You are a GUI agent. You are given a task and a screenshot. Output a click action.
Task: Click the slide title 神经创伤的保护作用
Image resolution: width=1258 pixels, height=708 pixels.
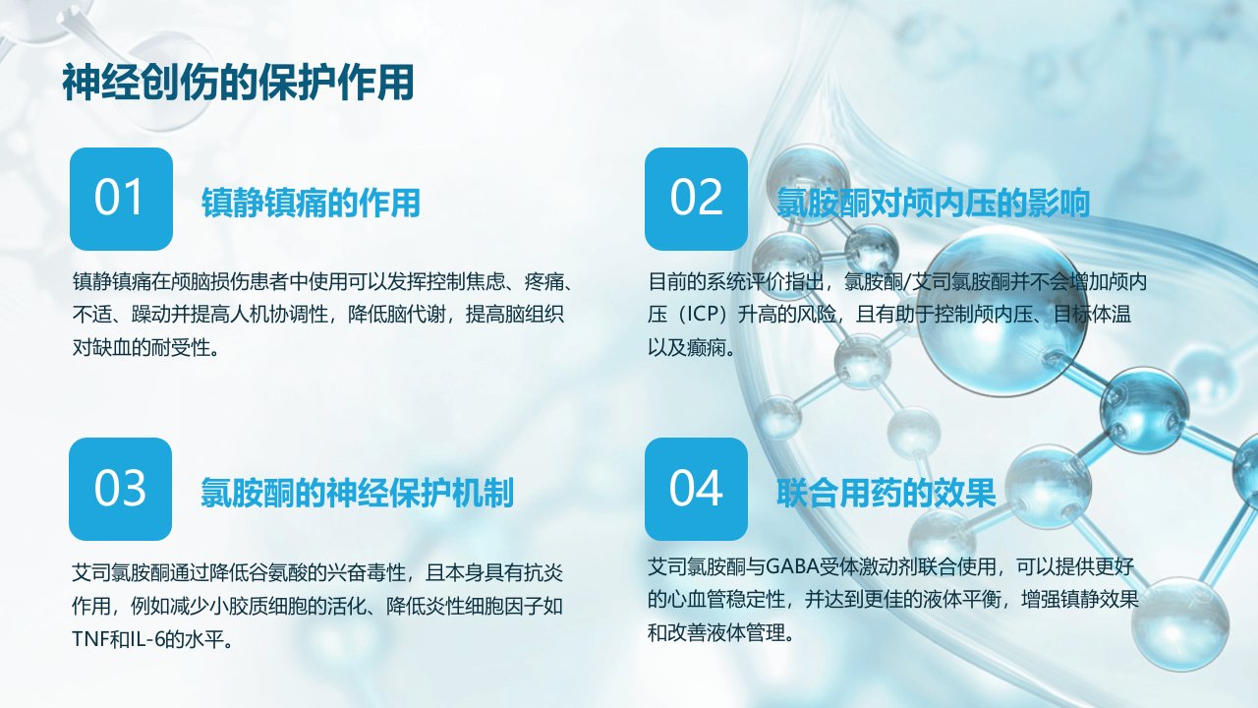pos(238,83)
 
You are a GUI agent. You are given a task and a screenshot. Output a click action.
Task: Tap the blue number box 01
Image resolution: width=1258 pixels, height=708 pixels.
pos(121,199)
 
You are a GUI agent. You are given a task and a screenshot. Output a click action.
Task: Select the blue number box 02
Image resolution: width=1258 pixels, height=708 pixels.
pos(696,199)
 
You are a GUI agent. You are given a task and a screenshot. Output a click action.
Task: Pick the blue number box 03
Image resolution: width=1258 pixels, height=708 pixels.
pos(120,489)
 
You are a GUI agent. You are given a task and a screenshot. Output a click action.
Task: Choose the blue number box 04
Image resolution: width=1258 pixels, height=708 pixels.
pos(696,489)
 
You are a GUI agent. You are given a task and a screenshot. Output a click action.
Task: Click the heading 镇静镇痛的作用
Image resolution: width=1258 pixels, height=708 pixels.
pos(311,203)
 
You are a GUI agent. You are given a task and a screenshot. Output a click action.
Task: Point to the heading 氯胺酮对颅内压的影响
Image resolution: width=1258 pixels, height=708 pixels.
pos(933,203)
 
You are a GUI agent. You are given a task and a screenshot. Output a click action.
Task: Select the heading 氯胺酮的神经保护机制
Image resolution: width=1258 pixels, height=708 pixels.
pos(357,493)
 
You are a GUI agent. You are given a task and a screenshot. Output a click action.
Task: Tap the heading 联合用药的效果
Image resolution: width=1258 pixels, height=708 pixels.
pos(886,493)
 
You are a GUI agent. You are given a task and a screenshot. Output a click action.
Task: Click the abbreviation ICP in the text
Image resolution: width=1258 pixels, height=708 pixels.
pos(703,314)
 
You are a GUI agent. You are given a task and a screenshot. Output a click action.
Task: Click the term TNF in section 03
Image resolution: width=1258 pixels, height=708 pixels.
pos(91,639)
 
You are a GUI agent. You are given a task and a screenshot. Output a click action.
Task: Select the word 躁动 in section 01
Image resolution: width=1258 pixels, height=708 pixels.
pos(150,314)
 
